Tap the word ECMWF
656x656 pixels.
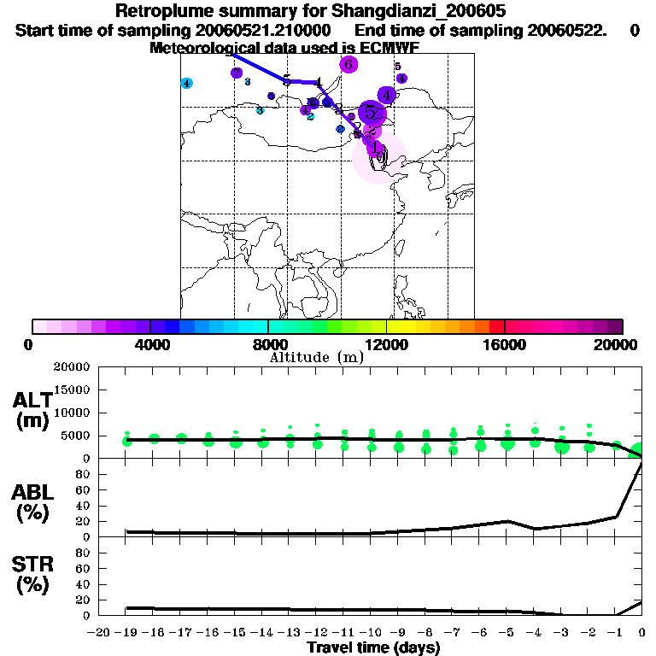[x=390, y=47]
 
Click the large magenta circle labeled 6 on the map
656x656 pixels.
[x=348, y=64]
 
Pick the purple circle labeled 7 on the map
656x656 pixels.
[x=236, y=73]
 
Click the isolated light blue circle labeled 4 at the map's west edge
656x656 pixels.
[x=187, y=83]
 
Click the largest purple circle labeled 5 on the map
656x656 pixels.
[x=372, y=112]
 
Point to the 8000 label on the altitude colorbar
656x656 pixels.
[x=268, y=344]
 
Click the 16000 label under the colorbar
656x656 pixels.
[x=505, y=344]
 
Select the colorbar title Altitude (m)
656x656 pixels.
[x=316, y=357]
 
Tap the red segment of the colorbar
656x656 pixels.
[x=496, y=326]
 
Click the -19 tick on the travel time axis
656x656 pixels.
[x=126, y=633]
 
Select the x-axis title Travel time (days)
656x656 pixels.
[x=373, y=648]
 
